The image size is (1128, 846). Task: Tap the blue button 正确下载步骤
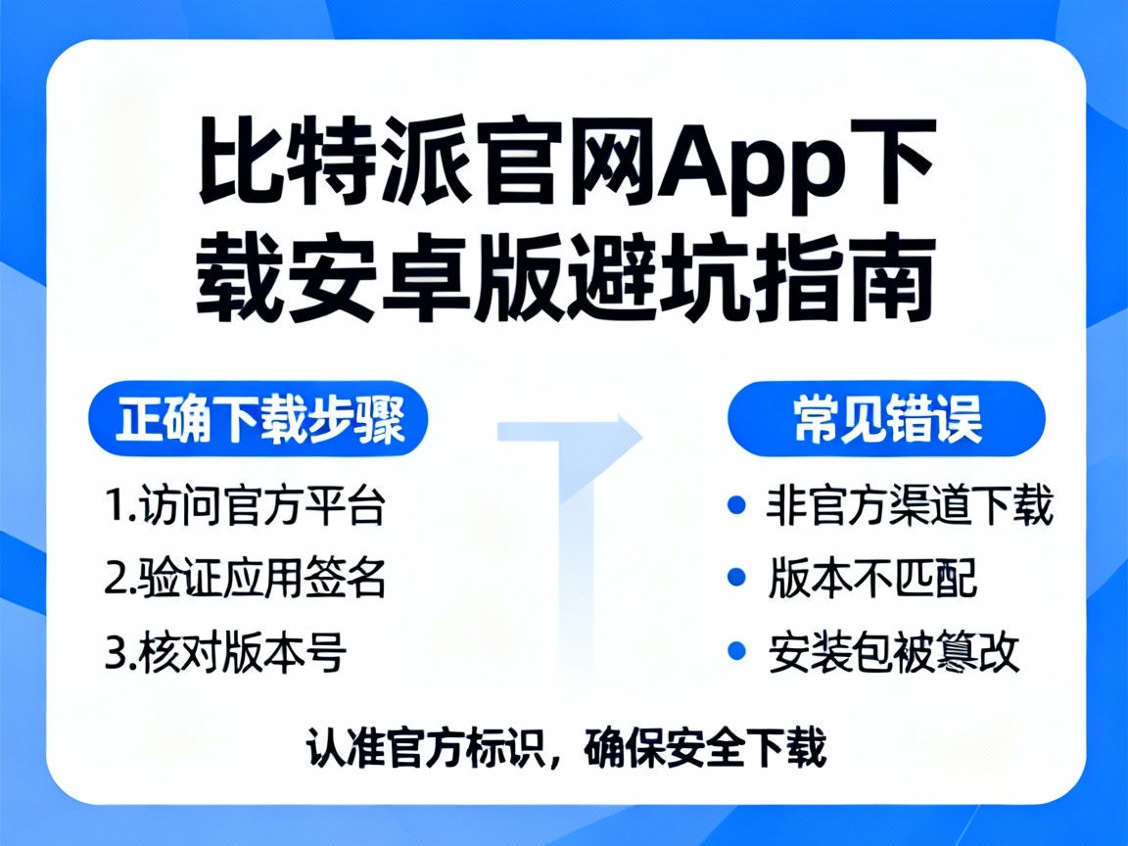click(x=259, y=422)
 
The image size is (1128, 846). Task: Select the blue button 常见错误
click(x=887, y=422)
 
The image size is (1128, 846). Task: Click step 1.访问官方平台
click(x=245, y=508)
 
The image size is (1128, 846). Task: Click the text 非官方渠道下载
click(x=910, y=508)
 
